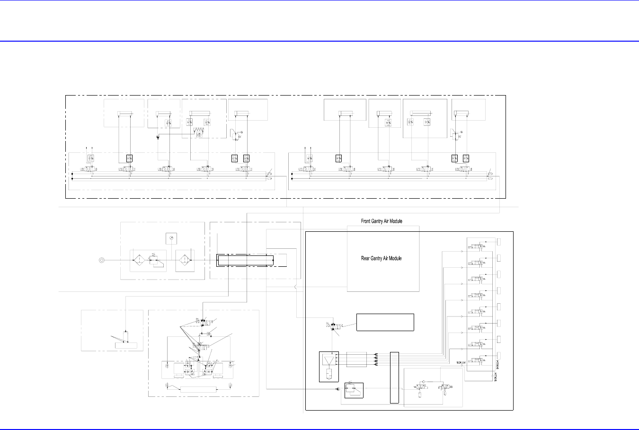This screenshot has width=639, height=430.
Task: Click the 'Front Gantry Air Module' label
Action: pos(382,221)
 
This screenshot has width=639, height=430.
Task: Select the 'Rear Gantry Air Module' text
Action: pos(382,258)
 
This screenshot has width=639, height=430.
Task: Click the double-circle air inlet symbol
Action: pos(101,260)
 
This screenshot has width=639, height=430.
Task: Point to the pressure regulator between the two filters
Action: pos(155,260)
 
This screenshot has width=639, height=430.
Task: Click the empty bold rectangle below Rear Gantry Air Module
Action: pos(385,322)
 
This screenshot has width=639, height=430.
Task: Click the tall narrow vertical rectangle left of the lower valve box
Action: pos(394,377)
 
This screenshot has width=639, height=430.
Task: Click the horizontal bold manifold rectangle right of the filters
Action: pos(245,260)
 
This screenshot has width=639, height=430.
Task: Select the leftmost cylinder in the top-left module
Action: pos(125,113)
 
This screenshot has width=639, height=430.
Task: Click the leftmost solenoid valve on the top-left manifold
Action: pos(89,169)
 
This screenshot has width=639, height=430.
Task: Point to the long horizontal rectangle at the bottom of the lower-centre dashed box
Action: pos(198,389)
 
